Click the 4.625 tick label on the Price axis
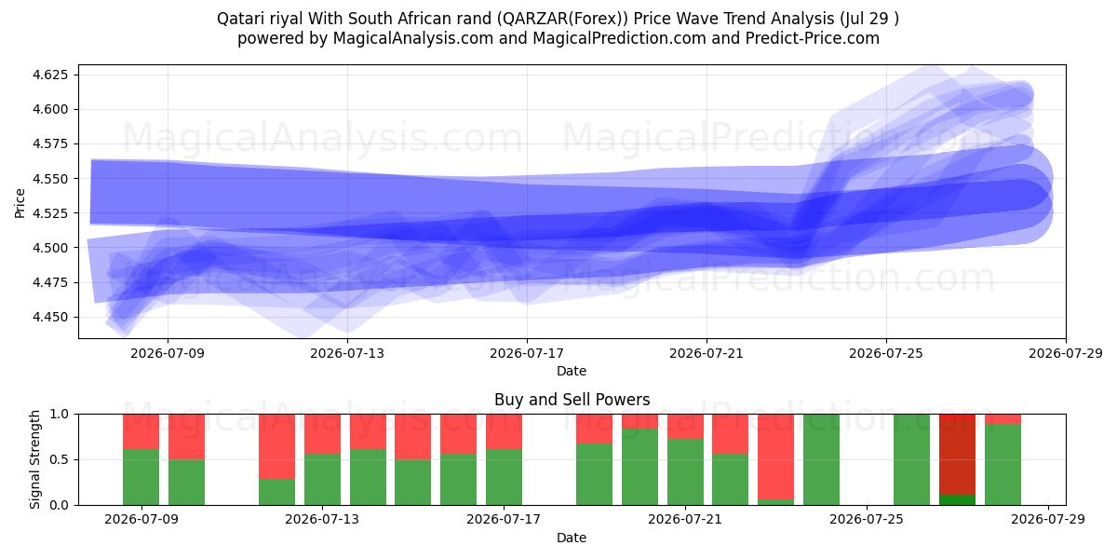[49, 75]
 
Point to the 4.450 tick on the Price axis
[49, 317]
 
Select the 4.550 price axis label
[49, 179]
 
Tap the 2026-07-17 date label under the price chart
[527, 353]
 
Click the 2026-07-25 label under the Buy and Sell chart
[867, 519]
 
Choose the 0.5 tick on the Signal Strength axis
[60, 459]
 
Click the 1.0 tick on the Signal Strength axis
[60, 415]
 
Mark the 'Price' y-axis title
[20, 204]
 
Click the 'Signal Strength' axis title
[34, 459]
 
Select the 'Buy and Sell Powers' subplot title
[572, 400]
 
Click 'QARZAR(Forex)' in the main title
[562, 19]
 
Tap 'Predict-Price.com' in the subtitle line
[813, 38]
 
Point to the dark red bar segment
[958, 455]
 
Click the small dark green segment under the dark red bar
[958, 499]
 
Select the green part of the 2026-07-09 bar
[141, 477]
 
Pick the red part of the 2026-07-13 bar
[323, 434]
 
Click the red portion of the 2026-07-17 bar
[505, 431]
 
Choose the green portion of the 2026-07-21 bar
[686, 471]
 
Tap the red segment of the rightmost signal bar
[1003, 418]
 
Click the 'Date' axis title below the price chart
[572, 371]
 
